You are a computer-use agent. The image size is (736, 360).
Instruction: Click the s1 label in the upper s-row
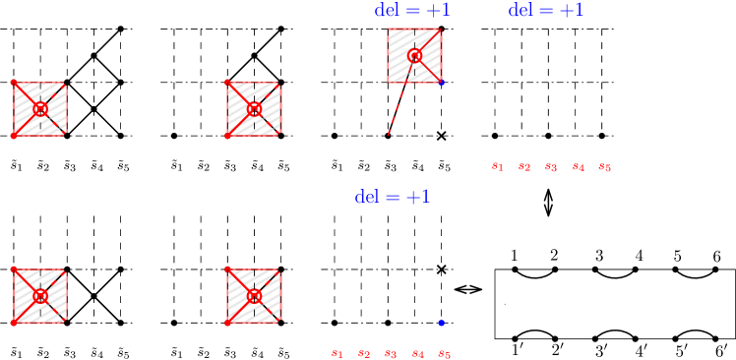point(498,167)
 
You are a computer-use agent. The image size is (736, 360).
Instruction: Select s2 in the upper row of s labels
point(524,167)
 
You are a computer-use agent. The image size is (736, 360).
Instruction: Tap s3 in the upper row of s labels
point(551,167)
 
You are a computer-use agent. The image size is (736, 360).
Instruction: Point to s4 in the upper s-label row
point(579,167)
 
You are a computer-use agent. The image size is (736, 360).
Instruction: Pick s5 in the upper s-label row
point(605,167)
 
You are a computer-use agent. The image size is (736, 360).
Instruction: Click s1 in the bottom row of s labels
point(337,354)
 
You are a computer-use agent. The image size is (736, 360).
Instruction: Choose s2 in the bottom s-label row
point(364,354)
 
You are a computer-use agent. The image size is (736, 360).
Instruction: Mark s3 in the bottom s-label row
point(391,354)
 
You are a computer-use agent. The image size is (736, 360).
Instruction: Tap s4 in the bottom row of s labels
point(418,354)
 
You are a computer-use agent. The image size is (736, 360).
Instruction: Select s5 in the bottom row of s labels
point(445,354)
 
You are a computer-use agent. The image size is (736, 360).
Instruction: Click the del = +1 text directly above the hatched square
point(412,10)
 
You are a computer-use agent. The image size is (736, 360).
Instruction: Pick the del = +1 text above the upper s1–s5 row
point(546,10)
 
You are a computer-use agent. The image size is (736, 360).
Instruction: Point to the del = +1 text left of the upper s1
point(393,197)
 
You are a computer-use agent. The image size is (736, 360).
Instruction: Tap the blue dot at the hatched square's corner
point(441,83)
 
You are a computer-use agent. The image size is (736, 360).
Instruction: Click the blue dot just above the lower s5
point(441,323)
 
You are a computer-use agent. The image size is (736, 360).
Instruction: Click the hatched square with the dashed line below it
point(414,55)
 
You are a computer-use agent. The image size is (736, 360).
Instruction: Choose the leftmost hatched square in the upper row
point(40,109)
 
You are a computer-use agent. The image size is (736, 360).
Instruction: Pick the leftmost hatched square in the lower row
point(40,296)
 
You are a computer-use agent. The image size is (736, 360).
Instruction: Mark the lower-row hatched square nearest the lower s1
point(254,296)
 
